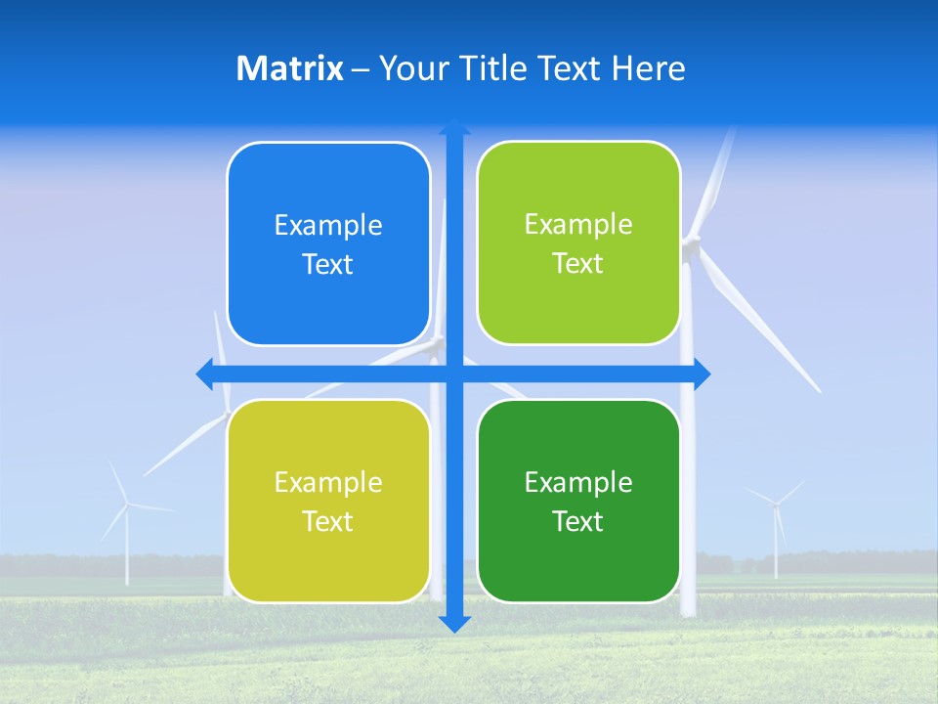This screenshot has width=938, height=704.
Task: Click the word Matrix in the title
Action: coord(290,68)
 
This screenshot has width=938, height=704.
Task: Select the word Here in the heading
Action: coord(649,68)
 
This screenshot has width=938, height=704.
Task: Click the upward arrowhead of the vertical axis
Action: coord(454,126)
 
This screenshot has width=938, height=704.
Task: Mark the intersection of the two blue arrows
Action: coord(454,374)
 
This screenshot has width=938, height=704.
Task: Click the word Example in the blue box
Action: coord(328,226)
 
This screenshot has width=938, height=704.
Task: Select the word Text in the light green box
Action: coord(578,264)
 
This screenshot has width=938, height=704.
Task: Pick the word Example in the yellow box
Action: coord(328,482)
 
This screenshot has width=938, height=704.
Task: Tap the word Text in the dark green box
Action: coord(578,521)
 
